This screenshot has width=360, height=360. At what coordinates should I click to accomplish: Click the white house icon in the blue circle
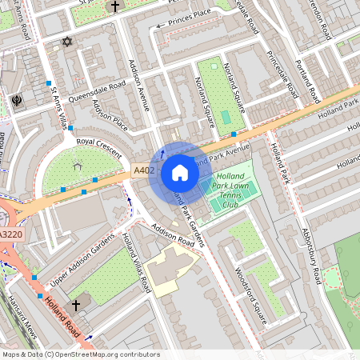(x=180, y=173)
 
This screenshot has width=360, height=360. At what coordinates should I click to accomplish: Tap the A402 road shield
(x=143, y=170)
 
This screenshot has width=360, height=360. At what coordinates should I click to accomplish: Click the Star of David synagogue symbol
(x=66, y=41)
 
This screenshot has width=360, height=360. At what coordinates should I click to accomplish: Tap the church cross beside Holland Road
(x=77, y=305)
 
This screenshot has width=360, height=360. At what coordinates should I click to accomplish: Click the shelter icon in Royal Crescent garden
(x=78, y=166)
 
